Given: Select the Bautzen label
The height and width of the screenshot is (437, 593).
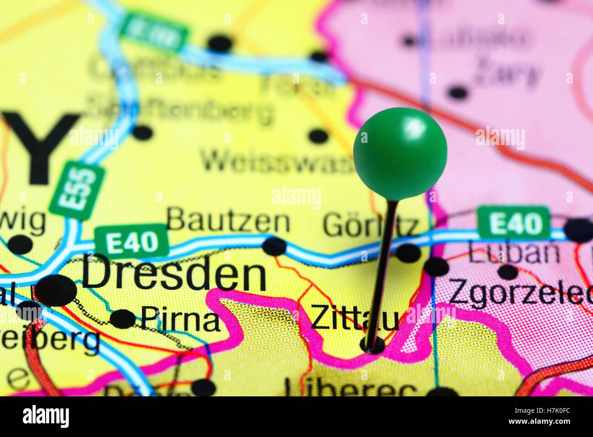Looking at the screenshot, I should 228,222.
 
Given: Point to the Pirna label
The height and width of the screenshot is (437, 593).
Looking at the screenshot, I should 181,319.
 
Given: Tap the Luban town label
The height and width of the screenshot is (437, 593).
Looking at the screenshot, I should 514,253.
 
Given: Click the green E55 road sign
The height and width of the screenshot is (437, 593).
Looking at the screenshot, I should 77,190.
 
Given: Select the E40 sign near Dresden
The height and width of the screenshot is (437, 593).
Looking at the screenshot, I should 131,241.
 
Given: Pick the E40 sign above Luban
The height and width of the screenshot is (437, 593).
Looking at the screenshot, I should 514,223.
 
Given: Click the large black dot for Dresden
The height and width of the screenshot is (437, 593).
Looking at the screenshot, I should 56,290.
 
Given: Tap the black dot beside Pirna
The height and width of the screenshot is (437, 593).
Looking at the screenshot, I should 122,319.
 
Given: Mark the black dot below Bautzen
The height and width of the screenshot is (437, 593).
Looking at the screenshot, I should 274,247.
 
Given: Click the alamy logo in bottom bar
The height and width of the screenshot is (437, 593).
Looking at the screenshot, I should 46,416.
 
